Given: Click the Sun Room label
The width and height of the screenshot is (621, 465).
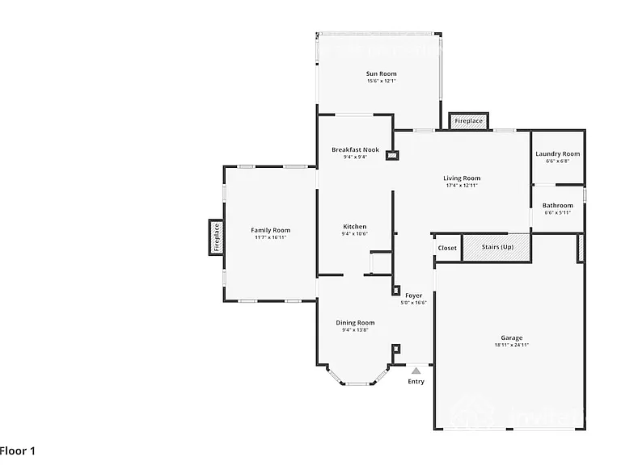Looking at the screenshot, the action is click(381, 73).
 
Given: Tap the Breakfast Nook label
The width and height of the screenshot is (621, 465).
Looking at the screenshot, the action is click(355, 150).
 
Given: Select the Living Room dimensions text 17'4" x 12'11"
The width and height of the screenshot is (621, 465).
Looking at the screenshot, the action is click(462, 186).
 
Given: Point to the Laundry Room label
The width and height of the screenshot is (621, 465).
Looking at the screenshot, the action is click(558, 154).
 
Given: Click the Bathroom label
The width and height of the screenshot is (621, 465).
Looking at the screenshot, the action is click(558, 205).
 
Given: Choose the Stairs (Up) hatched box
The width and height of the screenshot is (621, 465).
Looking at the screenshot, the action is click(496, 247).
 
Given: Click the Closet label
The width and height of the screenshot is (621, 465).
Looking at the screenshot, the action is click(447, 248).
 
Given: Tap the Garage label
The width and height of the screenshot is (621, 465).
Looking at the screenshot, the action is click(512, 337).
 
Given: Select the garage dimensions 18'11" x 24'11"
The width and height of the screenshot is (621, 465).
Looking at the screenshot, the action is click(512, 345).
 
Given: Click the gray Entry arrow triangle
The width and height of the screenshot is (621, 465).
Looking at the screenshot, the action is click(416, 371).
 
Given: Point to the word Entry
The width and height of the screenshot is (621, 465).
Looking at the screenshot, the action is click(416, 382).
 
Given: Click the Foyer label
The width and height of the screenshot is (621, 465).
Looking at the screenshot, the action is click(413, 295).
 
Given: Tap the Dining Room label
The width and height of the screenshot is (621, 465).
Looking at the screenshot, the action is click(355, 323).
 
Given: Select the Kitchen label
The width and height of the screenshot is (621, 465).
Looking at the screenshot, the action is click(354, 227).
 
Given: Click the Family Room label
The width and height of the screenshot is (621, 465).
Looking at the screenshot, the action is click(271, 230).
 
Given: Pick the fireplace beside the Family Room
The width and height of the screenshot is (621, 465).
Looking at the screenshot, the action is click(216, 237).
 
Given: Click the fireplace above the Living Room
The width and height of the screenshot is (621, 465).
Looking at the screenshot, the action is click(468, 121).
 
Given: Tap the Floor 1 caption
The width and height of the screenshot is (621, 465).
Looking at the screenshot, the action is click(18, 450).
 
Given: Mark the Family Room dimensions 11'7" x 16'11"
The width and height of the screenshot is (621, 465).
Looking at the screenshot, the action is click(271, 237).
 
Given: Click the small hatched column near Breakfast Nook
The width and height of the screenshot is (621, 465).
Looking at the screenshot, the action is click(392, 155).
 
